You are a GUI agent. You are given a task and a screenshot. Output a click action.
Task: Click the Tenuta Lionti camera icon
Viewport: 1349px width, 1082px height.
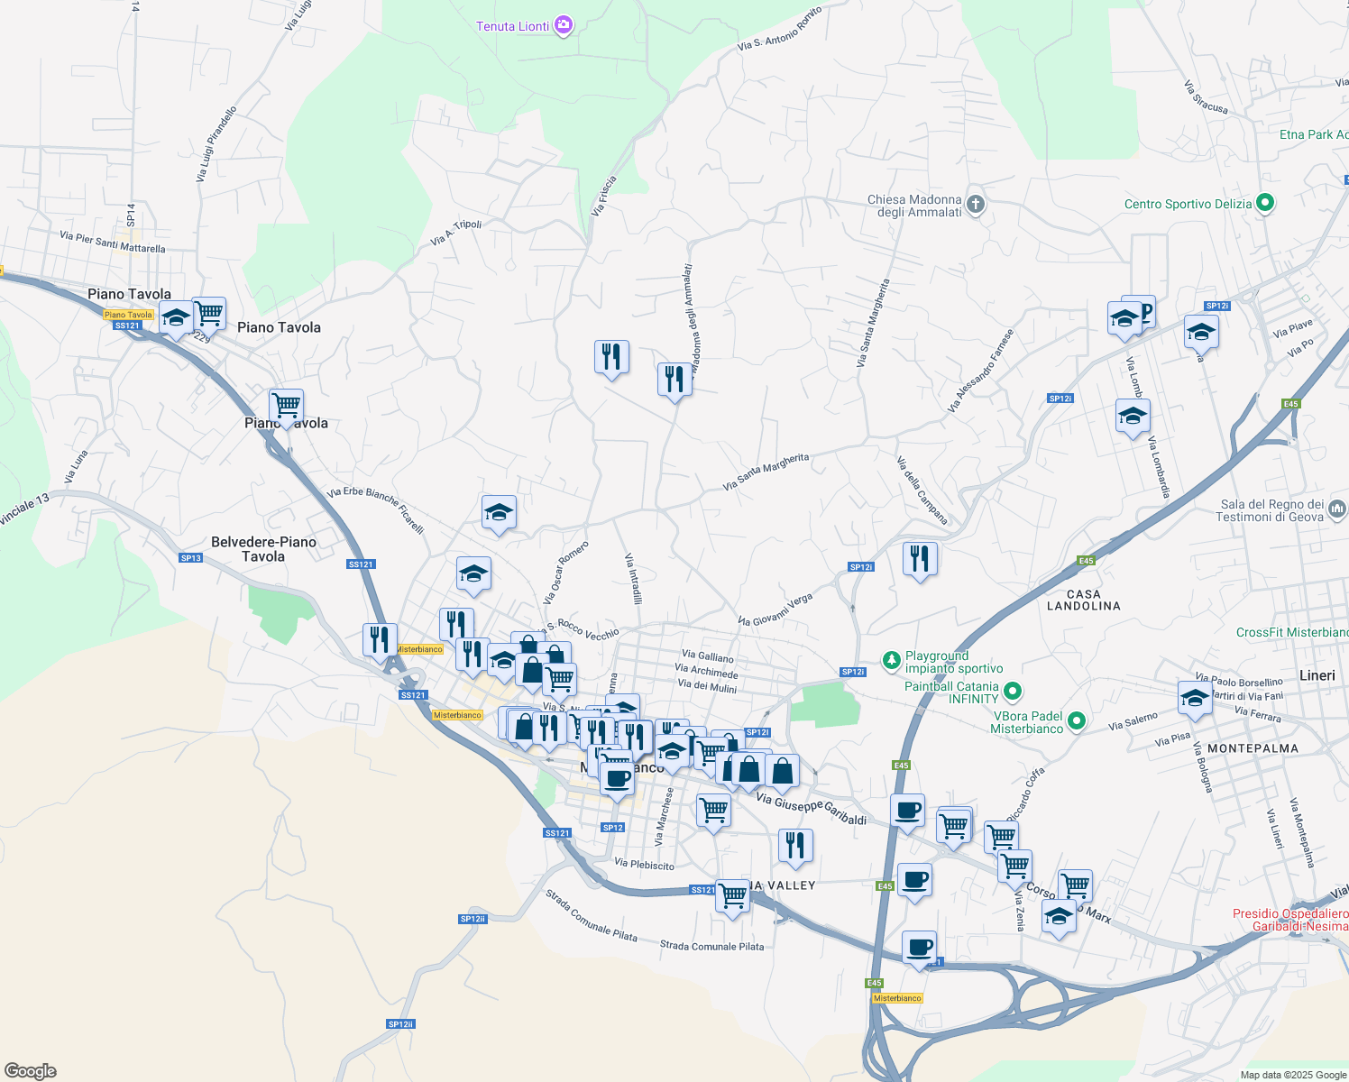(564, 25)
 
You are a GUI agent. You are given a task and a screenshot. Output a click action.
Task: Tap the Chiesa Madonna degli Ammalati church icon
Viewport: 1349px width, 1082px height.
(975, 205)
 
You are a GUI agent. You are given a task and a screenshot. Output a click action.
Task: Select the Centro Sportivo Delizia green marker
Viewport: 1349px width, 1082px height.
(1264, 204)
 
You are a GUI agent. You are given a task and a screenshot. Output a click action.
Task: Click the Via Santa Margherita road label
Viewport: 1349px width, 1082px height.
(766, 471)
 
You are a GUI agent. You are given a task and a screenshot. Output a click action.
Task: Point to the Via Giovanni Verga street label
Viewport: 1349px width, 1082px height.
(775, 610)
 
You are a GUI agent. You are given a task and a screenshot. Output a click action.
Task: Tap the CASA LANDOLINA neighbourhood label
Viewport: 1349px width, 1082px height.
(1083, 600)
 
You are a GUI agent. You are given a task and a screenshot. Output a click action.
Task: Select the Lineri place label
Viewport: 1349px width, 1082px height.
(1317, 675)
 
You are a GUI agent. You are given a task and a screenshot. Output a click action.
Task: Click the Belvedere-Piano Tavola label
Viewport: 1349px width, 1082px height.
(263, 549)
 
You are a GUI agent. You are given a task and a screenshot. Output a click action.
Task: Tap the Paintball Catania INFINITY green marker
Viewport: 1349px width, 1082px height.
(1012, 692)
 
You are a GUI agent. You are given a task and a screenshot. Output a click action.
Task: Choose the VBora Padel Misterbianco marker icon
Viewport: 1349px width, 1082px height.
(1075, 721)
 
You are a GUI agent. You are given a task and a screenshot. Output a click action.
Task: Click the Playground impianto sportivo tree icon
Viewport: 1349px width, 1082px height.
(892, 662)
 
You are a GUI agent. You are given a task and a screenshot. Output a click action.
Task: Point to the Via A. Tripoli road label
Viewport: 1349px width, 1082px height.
(456, 233)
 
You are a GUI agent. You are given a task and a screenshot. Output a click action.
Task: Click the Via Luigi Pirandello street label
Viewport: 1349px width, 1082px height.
(216, 144)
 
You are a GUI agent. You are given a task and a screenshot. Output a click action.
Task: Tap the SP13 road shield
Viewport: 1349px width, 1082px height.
(190, 558)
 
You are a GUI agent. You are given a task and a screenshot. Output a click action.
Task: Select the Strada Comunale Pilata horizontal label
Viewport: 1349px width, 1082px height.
(711, 946)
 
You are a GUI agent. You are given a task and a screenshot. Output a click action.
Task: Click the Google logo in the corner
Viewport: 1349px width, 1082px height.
(31, 1071)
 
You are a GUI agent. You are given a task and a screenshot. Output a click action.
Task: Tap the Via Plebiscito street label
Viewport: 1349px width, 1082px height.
(644, 865)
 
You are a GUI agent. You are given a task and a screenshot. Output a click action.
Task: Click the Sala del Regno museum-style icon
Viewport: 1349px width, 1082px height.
(1336, 509)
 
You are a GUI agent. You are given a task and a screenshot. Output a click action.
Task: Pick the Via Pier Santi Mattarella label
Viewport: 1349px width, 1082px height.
(113, 243)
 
